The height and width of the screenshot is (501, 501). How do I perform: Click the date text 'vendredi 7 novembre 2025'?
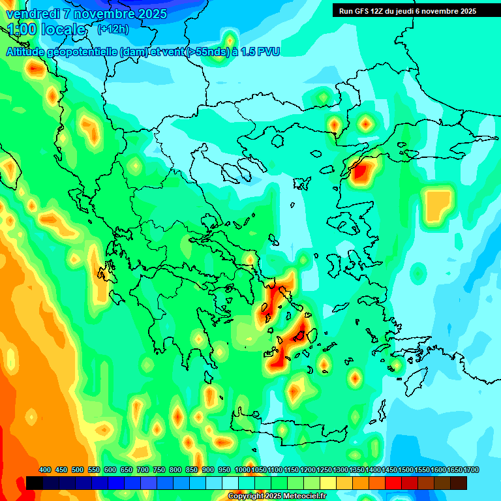pyautogui.click(x=86, y=14)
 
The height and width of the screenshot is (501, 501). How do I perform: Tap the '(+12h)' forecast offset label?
pyautogui.click(x=113, y=29)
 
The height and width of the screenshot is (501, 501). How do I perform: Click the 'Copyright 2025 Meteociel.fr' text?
pyautogui.click(x=277, y=496)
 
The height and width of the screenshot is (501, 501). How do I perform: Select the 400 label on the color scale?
pyautogui.click(x=45, y=470)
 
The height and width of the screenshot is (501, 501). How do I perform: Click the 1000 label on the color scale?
pyautogui.click(x=242, y=470)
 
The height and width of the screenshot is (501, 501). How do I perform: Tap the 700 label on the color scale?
pyautogui.click(x=143, y=470)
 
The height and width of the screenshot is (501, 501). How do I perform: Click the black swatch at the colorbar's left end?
pyautogui.click(x=35, y=483)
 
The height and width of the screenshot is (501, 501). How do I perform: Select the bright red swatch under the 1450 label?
pyautogui.click(x=393, y=483)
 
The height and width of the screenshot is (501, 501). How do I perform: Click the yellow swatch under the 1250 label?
pyautogui.click(x=328, y=483)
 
